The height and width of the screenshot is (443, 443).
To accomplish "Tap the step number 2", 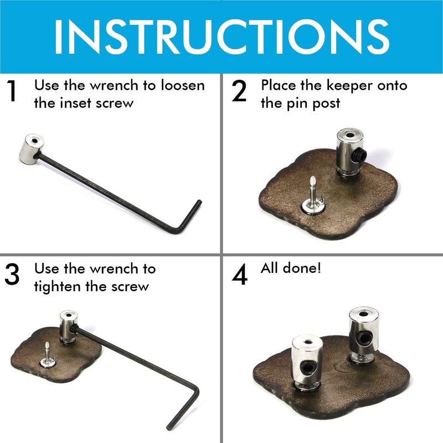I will tap(239, 92).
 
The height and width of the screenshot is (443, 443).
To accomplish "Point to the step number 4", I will tap(239, 275).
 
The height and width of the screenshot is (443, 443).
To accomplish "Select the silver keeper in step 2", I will tap(349, 152).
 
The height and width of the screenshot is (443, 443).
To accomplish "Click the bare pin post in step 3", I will tap(48, 354).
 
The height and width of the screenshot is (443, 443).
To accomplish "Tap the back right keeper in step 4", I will tap(364, 335).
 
